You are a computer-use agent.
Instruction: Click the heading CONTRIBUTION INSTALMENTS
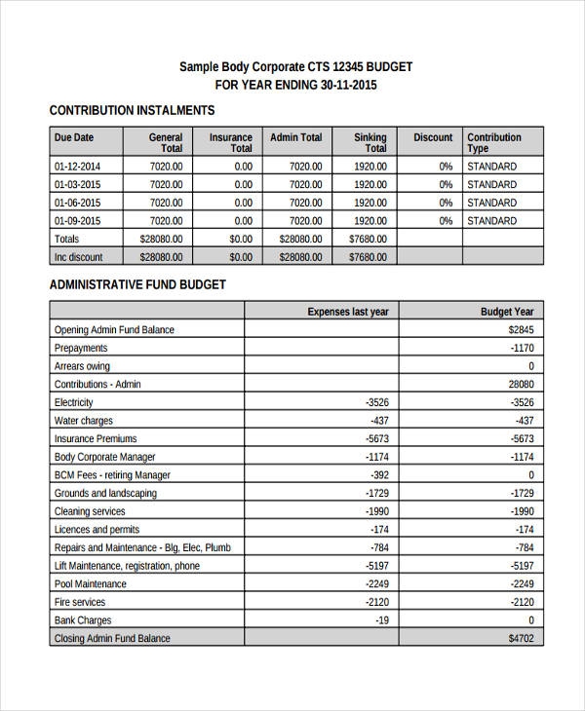(132, 111)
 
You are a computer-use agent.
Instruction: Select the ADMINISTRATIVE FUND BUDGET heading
(137, 285)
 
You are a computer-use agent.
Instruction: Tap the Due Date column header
(74, 137)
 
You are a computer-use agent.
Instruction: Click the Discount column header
(433, 137)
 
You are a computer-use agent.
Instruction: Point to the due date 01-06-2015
(77, 203)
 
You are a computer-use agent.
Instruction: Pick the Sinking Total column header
(370, 143)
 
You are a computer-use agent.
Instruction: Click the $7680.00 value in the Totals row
(368, 239)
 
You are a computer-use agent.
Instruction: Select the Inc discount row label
(79, 257)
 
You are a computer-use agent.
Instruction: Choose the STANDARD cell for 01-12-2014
(491, 166)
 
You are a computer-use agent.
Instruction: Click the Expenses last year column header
(347, 312)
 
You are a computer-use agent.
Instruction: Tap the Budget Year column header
(507, 312)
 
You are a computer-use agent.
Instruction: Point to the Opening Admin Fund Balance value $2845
(521, 329)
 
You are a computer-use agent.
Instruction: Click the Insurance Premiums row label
(96, 438)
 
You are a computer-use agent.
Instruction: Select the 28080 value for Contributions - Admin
(521, 384)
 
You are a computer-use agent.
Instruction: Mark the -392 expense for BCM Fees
(378, 475)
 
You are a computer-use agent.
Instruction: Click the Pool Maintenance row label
(91, 583)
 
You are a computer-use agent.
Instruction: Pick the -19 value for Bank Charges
(381, 620)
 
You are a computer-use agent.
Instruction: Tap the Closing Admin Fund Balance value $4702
(521, 639)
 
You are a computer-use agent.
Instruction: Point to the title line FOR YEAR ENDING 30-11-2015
(295, 85)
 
